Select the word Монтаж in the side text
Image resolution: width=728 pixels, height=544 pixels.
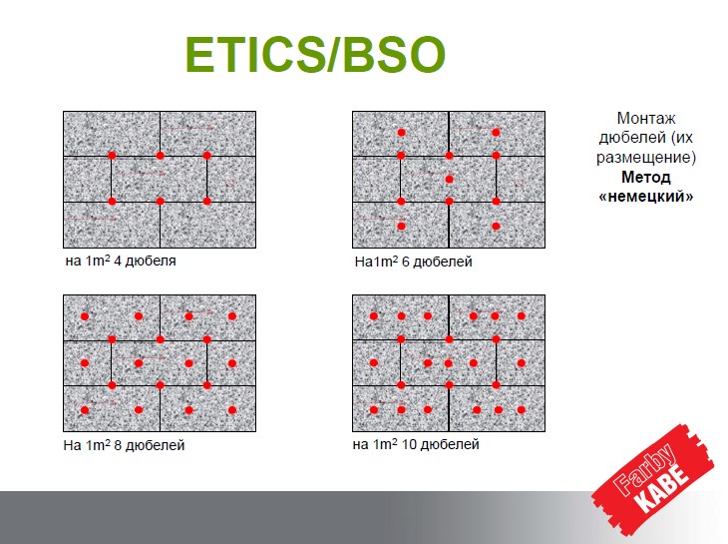click(x=646, y=119)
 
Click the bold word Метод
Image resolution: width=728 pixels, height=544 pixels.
click(x=646, y=177)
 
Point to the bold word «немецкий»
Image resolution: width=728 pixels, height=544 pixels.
click(x=646, y=197)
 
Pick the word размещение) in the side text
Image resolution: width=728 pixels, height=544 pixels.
click(x=646, y=158)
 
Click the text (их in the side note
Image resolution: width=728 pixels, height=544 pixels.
click(x=681, y=138)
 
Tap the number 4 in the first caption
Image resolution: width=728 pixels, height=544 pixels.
click(x=117, y=261)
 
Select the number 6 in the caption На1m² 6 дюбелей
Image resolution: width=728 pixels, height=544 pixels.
click(x=405, y=262)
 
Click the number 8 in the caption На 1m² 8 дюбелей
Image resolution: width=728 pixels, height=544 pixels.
click(x=118, y=445)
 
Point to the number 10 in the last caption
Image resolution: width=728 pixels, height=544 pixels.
click(x=409, y=444)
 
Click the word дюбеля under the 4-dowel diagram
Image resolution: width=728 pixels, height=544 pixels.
click(x=151, y=262)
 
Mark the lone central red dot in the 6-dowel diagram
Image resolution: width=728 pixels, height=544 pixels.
click(x=449, y=180)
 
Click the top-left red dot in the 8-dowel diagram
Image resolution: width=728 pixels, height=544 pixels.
click(x=85, y=316)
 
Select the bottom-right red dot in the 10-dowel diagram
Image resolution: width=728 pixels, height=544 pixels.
click(x=522, y=410)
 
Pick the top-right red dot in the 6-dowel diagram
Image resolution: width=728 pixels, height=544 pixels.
click(x=496, y=133)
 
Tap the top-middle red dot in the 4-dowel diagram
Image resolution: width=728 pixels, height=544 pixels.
click(x=161, y=156)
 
